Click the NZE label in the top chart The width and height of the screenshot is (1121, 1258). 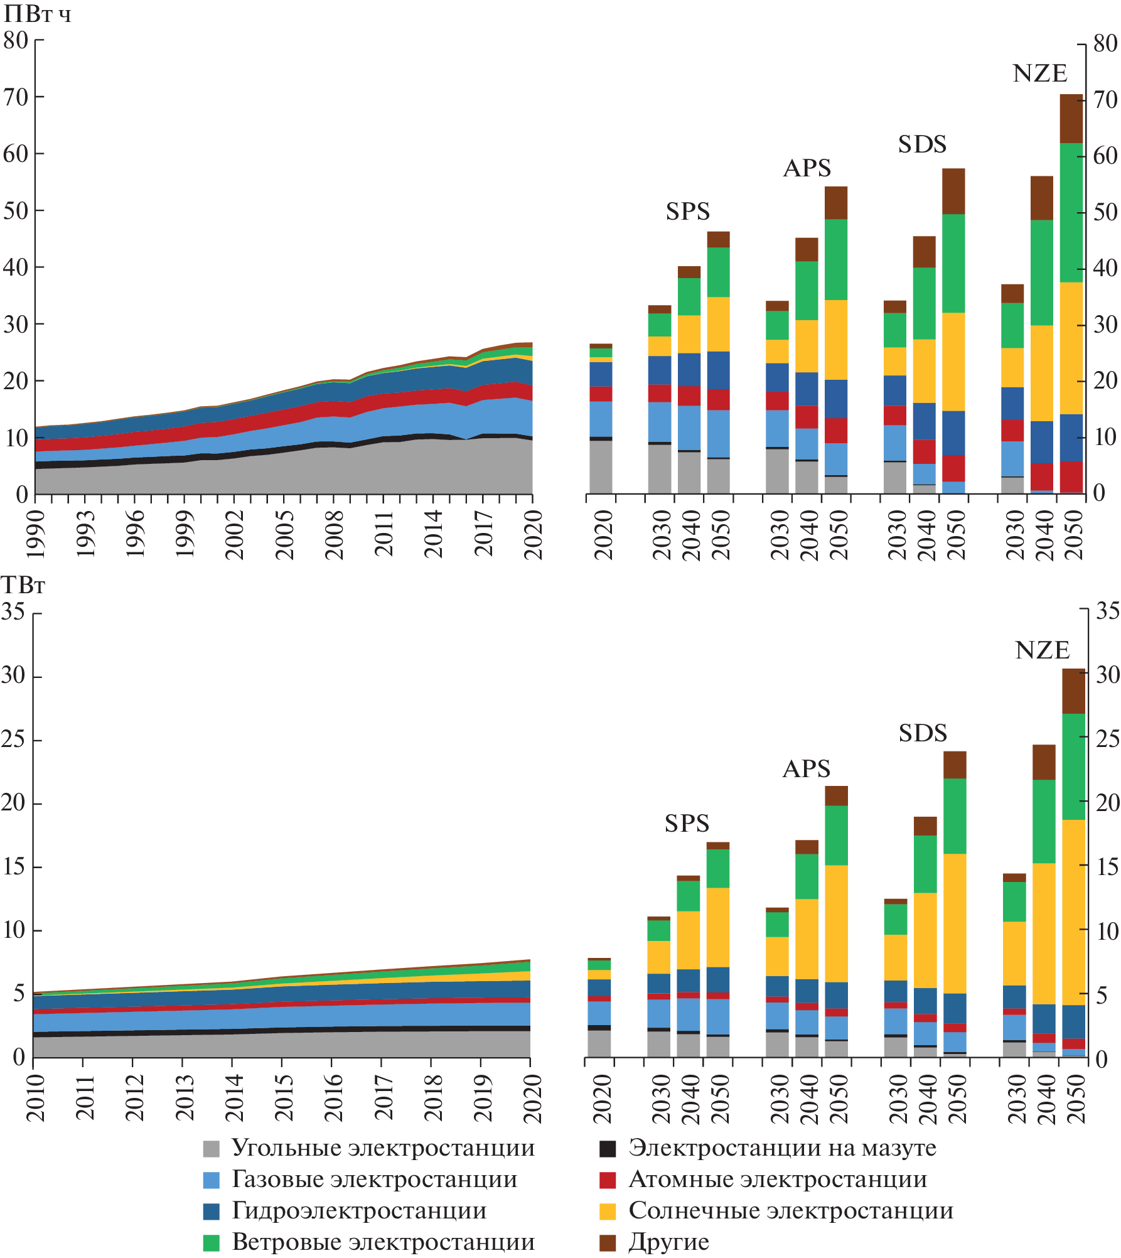click(1039, 74)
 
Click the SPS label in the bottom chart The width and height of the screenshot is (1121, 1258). click(687, 823)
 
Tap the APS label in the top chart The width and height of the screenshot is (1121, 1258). click(807, 168)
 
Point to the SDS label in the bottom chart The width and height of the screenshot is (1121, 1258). click(922, 733)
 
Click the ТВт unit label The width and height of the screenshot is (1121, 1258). click(24, 586)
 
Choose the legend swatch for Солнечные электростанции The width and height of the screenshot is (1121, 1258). click(608, 1212)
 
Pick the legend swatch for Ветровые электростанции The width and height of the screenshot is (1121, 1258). click(212, 1243)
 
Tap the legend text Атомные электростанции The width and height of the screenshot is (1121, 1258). click(778, 1180)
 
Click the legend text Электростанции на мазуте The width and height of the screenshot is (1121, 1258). click(782, 1148)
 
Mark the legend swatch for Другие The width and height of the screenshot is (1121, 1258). click(608, 1243)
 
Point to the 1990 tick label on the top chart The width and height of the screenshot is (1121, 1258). click(36, 534)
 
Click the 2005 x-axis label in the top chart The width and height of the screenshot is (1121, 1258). click(284, 534)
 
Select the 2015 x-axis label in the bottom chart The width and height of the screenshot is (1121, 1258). click(283, 1098)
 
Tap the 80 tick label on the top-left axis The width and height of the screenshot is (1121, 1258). click(16, 41)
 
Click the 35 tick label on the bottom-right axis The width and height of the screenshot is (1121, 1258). click(1107, 611)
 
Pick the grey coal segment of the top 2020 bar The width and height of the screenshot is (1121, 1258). click(601, 466)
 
